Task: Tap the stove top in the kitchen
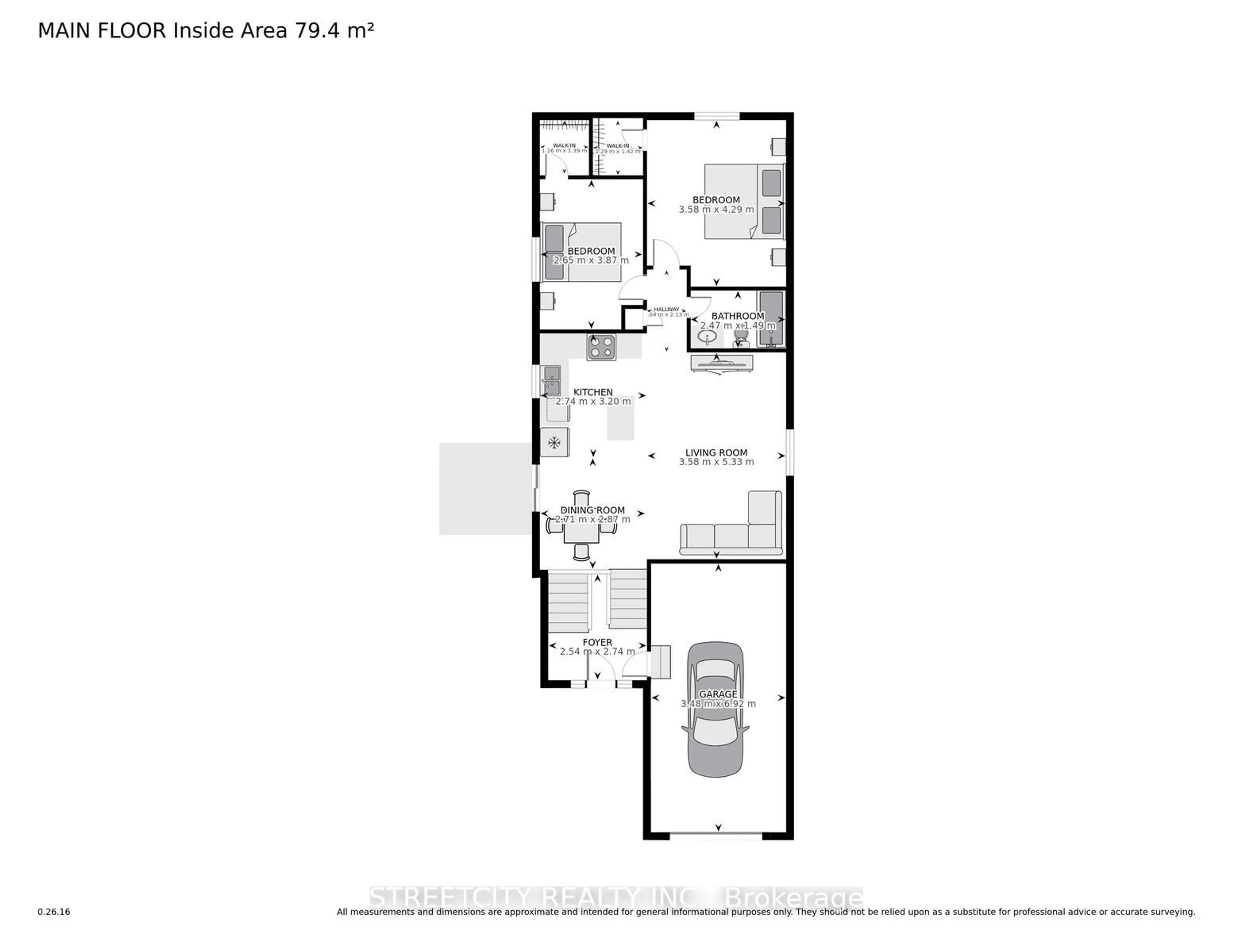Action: coord(601,347)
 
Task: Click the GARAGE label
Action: coord(718,694)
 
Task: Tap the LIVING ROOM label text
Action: coord(716,453)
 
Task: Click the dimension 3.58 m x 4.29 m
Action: coord(716,209)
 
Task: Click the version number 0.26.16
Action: coord(54,911)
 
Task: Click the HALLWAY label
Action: coord(666,309)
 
